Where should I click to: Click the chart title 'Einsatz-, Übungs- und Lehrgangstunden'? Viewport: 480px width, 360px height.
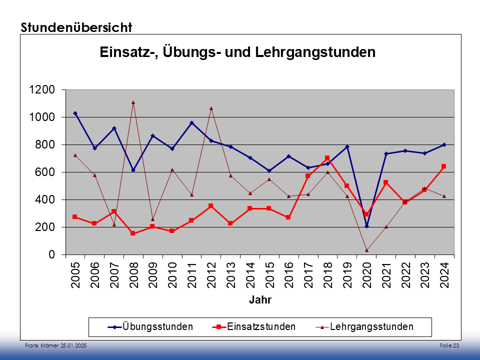237,52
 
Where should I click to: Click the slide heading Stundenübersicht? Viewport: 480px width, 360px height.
76,27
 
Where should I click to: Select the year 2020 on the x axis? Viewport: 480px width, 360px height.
366,275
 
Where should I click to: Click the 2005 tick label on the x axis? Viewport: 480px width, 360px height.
75,275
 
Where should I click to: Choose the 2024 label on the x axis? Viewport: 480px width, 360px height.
444,275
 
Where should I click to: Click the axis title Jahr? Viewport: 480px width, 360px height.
260,300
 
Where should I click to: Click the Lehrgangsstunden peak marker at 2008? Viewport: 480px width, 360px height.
133,102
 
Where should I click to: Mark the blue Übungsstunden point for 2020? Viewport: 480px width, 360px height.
366,226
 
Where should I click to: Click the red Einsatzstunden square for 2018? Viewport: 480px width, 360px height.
327,158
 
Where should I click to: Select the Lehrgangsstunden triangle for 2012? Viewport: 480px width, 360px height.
211,108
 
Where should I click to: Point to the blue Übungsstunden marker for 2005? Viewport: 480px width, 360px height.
75,113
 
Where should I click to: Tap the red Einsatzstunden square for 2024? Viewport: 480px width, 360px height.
444,166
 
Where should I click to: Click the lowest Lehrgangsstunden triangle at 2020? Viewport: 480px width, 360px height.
366,250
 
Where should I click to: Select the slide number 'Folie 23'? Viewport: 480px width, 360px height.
449,346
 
